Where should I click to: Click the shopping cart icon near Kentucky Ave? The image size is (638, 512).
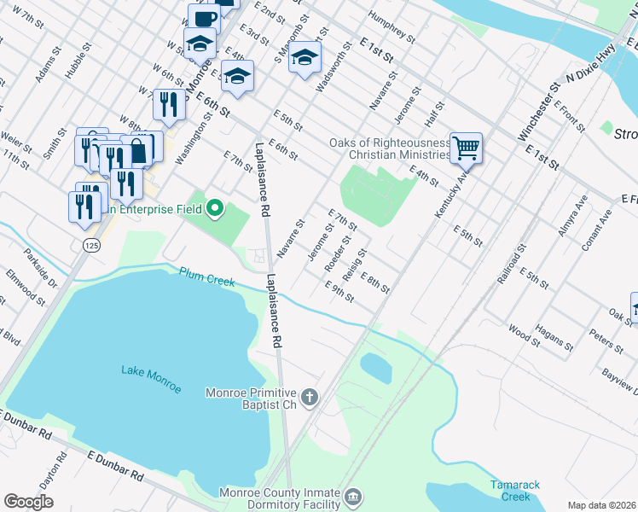click(x=466, y=148)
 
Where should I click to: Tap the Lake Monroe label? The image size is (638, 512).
click(x=151, y=378)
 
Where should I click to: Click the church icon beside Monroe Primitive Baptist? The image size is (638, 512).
click(x=310, y=397)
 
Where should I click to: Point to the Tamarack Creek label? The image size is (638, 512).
click(x=515, y=491)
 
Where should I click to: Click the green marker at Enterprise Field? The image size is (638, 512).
click(x=216, y=207)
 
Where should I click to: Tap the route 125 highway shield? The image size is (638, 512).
click(x=90, y=244)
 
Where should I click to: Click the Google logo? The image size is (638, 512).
click(x=28, y=502)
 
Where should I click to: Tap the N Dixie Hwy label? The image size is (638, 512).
click(x=590, y=66)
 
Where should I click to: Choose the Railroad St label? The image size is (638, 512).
click(x=510, y=263)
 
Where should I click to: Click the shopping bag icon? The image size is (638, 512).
click(x=138, y=151)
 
